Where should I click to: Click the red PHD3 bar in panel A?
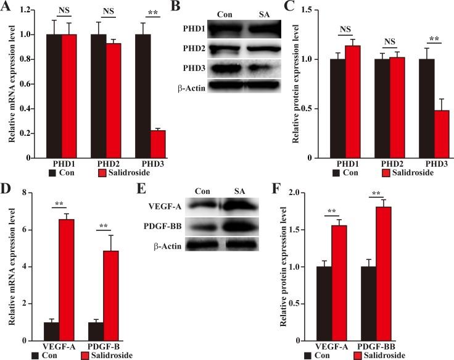point(141,144)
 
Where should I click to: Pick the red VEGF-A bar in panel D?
point(66,271)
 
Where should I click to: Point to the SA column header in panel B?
point(251,14)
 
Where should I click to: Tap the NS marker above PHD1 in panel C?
point(347,28)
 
